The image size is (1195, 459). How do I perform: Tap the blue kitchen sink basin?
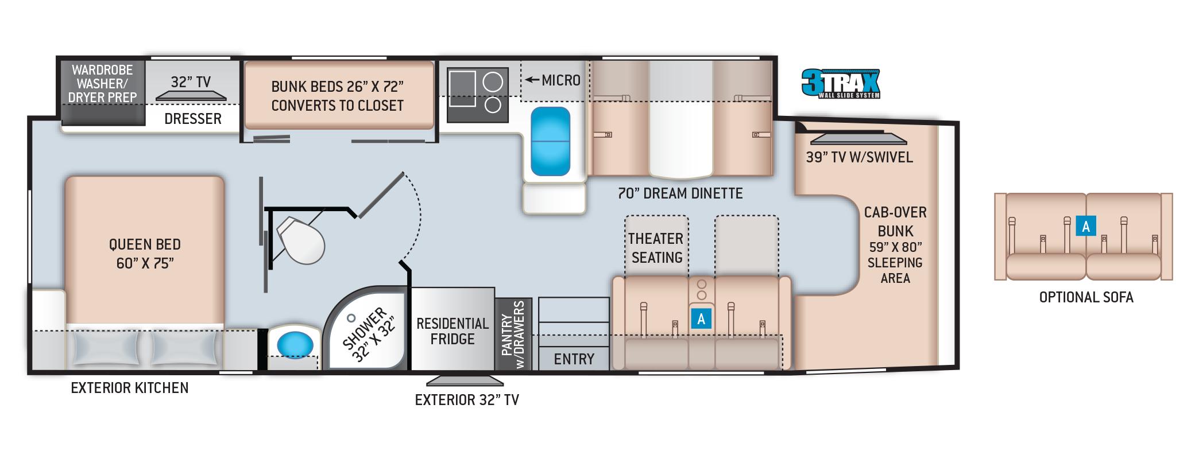point(550,141)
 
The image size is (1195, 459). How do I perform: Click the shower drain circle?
point(351,317)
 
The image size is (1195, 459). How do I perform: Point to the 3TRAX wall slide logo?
point(841,84)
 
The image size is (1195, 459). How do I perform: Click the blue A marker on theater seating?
point(701,318)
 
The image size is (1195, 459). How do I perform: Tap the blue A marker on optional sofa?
point(1086,227)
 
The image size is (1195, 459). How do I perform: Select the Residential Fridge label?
point(453,331)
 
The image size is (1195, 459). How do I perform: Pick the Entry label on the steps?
point(574,359)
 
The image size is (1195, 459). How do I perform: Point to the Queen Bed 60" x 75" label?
point(145,254)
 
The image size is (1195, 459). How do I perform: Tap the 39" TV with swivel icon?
point(858,139)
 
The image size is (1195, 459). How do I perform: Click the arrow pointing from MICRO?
point(532,80)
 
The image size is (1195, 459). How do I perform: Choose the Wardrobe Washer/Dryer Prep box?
point(102,91)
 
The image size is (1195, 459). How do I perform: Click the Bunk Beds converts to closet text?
point(338,96)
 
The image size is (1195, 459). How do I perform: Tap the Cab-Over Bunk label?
point(895,221)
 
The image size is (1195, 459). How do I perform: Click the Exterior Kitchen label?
point(130,388)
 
